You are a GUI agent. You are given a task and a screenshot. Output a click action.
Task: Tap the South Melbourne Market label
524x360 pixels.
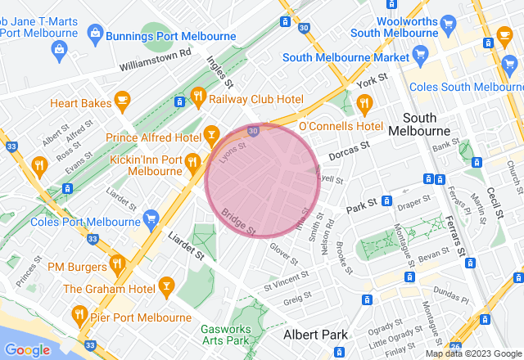[x=345, y=58]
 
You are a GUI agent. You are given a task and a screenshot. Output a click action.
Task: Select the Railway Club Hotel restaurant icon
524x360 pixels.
[x=197, y=99]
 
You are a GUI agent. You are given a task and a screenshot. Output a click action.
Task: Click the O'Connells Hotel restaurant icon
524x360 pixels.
[x=364, y=104]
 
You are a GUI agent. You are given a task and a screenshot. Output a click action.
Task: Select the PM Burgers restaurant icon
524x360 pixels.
[x=116, y=264]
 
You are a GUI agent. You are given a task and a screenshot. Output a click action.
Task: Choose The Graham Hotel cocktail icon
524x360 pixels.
[x=167, y=286]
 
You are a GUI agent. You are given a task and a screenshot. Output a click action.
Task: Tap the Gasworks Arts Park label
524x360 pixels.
[x=237, y=334]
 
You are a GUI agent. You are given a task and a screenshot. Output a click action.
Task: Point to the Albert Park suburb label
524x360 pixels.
[x=315, y=335]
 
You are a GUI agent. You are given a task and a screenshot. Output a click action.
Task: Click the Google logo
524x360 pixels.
[x=28, y=350]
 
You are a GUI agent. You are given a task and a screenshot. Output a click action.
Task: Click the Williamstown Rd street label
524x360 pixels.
[x=154, y=57]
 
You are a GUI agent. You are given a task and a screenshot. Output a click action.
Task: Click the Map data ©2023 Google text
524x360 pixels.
[x=472, y=353]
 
